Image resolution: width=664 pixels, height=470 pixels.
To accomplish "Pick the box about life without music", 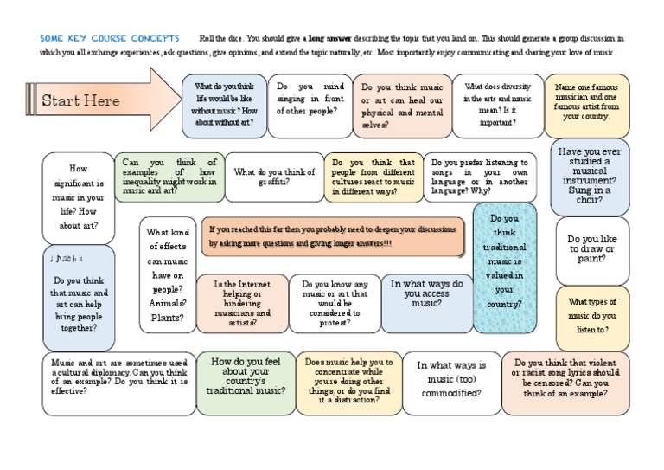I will [225, 105].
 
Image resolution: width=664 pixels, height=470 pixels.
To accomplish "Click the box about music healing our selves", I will [402, 106].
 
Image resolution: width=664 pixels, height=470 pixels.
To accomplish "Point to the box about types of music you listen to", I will [592, 316].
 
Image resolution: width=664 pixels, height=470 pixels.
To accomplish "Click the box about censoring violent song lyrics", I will [565, 383].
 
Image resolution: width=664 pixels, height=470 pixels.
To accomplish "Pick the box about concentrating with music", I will [348, 381].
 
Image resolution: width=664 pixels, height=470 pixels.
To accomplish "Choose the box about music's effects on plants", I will [168, 274].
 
